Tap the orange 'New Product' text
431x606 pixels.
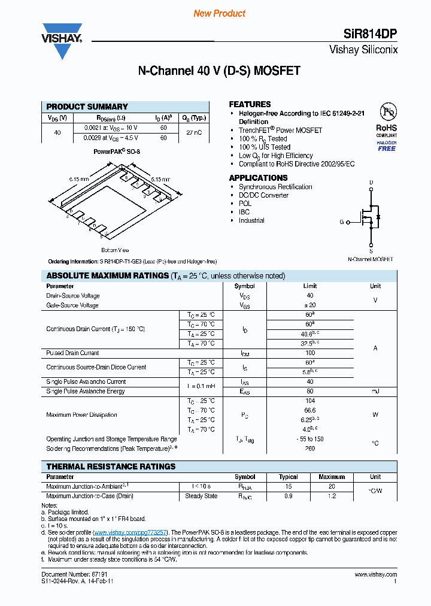point(219,13)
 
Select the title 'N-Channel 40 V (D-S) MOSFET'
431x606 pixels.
point(219,71)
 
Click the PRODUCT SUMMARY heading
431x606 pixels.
point(87,107)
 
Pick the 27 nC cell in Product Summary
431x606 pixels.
point(194,132)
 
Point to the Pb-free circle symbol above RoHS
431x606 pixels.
point(387,113)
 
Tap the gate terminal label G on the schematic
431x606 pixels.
point(342,222)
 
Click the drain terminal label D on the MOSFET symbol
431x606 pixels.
point(371,182)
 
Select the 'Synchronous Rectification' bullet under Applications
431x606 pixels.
point(275,187)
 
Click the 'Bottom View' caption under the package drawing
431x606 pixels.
point(115,250)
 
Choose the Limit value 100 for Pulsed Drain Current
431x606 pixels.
point(309,353)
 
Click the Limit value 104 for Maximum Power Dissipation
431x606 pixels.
point(309,401)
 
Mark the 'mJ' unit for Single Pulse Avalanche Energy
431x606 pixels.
point(375,391)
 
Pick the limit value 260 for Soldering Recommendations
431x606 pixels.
point(309,448)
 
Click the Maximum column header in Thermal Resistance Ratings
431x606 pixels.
point(332,477)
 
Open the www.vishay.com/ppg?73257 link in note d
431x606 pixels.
point(130,532)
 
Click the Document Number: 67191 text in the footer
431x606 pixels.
point(68,575)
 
